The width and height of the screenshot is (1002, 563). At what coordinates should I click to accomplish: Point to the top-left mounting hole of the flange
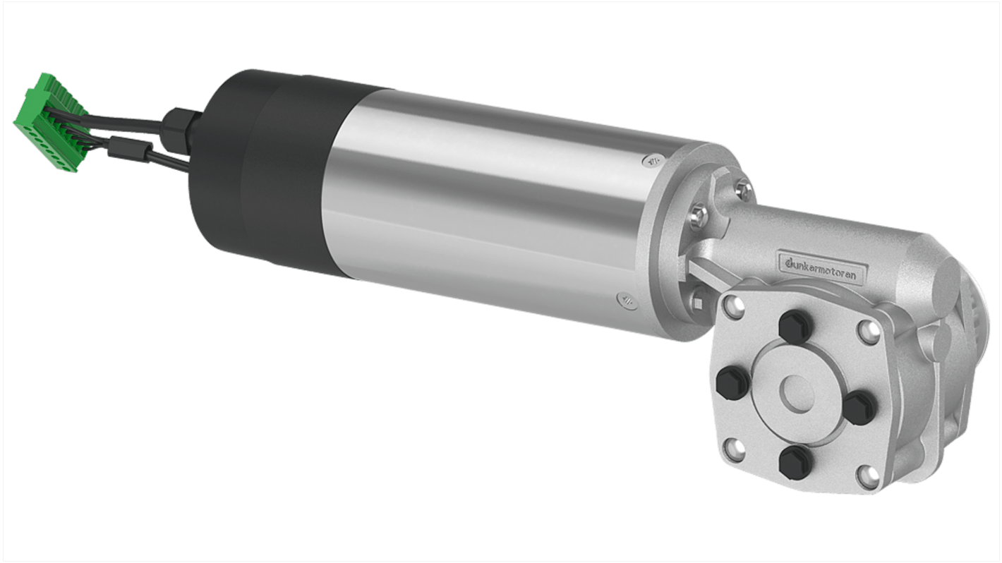coord(732,305)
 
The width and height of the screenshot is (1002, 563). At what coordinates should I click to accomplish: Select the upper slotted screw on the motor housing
coord(651,162)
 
